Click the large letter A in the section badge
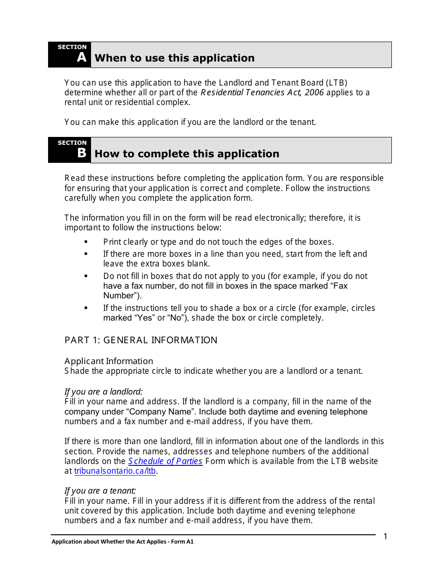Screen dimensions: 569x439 click(81, 58)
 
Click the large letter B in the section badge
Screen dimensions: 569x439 click(81, 153)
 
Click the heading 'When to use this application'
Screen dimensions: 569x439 click(174, 58)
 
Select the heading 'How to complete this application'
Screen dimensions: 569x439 click(187, 154)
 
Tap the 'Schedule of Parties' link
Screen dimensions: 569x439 click(165, 461)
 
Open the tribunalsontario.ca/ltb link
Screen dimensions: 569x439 click(116, 471)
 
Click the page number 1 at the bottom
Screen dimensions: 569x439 click(385, 537)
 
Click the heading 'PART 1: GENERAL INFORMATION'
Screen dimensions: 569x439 click(141, 340)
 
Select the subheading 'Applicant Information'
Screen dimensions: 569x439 click(109, 361)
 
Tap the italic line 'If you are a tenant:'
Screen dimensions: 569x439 click(100, 491)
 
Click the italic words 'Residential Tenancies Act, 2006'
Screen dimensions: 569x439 click(262, 93)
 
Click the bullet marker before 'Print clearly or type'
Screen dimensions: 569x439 click(86, 242)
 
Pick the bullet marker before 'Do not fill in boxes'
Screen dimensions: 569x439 click(86, 276)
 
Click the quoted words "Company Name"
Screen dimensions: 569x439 click(160, 412)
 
